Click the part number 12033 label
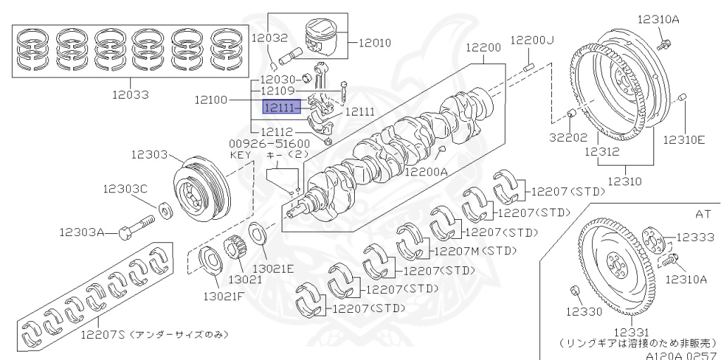pos(127,93)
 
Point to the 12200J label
pos(532,40)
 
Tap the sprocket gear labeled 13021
pos(235,252)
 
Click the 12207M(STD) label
pos(476,250)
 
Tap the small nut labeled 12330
pos(575,290)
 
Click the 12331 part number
pos(630,332)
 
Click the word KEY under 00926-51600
pos(241,154)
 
